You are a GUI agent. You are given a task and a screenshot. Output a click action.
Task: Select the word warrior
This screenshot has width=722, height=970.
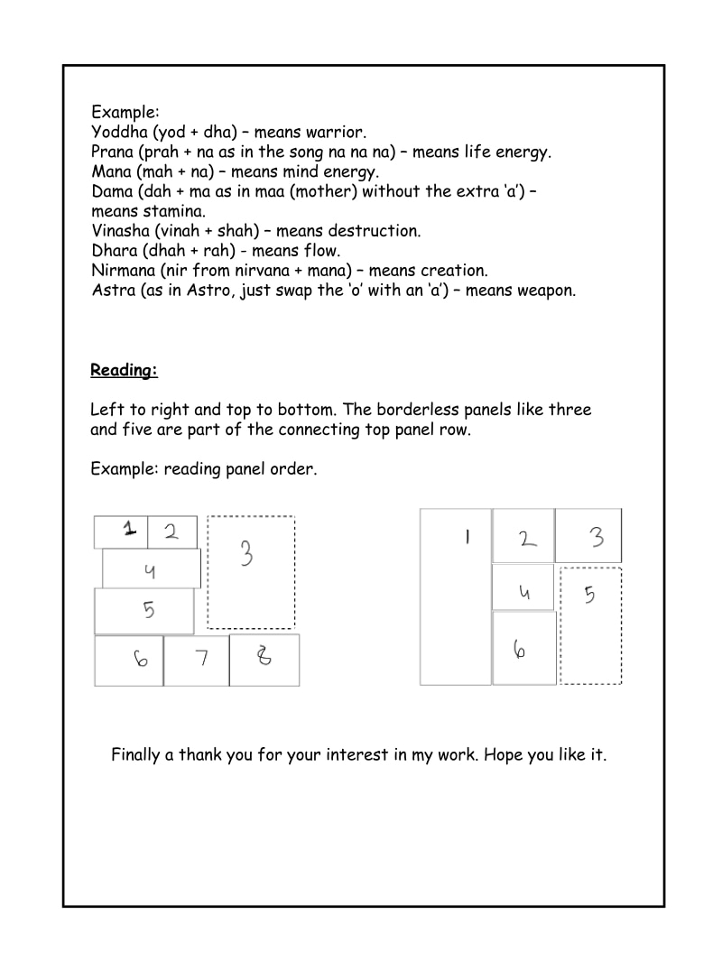click(336, 133)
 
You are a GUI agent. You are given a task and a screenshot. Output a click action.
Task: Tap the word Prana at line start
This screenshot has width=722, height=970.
click(113, 152)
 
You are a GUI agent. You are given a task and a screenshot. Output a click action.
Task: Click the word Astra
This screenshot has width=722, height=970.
click(112, 291)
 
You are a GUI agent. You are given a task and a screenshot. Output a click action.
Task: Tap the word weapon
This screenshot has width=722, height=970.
click(546, 291)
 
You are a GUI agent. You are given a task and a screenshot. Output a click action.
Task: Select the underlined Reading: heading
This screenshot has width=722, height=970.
click(124, 370)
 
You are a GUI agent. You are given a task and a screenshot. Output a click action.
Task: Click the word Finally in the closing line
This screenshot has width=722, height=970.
click(136, 754)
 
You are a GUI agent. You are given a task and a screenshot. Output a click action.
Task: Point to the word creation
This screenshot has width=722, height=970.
click(457, 271)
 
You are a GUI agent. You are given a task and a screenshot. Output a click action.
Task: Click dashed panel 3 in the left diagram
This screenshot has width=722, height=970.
click(251, 572)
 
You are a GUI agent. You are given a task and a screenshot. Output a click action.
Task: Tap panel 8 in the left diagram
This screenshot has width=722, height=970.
click(264, 660)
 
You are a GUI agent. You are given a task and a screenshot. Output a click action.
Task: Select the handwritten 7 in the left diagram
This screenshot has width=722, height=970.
click(201, 658)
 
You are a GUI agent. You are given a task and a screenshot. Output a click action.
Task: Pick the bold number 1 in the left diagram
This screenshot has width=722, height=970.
click(130, 530)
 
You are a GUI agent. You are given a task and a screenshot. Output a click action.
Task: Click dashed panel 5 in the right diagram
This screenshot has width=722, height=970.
click(590, 625)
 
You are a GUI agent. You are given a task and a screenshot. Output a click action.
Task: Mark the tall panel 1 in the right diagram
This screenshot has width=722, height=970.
click(456, 596)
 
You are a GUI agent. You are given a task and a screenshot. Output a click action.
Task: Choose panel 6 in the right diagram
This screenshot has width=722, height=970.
click(523, 648)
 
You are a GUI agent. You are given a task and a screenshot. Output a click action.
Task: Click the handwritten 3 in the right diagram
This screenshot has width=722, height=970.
click(597, 538)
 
